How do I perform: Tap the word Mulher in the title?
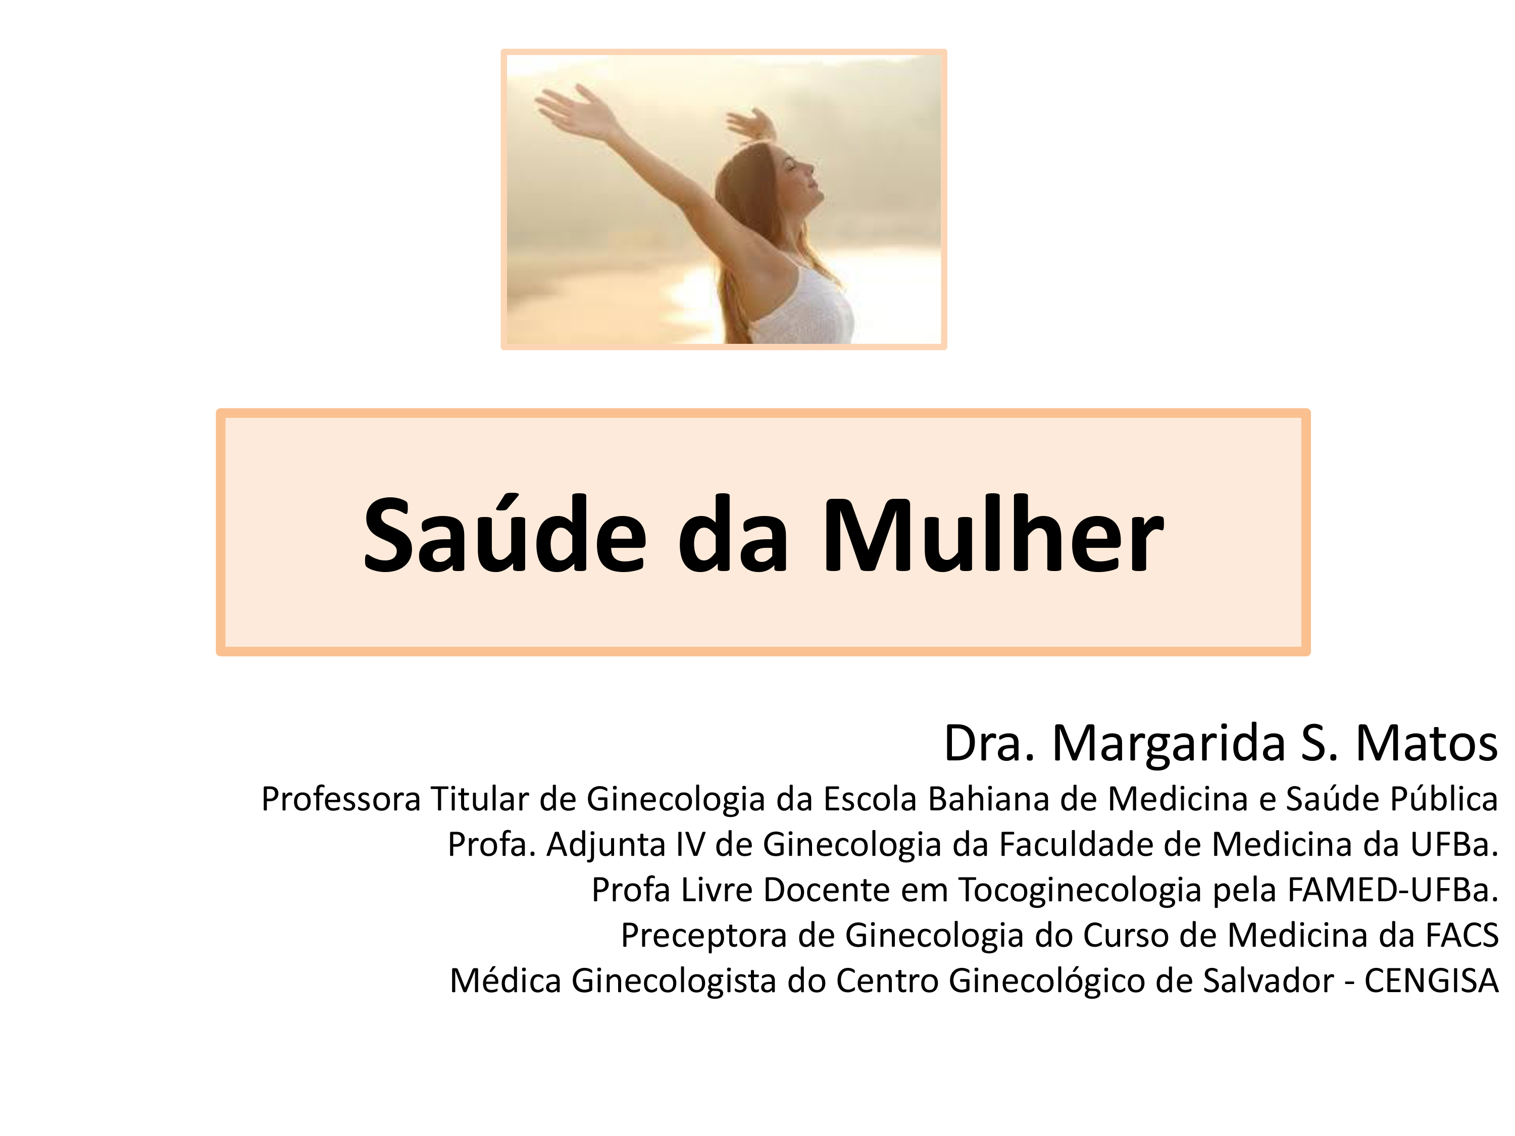coord(992,533)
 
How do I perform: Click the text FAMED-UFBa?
coord(1393,890)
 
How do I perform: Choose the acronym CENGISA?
coord(1432,980)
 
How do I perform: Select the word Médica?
coord(506,980)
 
